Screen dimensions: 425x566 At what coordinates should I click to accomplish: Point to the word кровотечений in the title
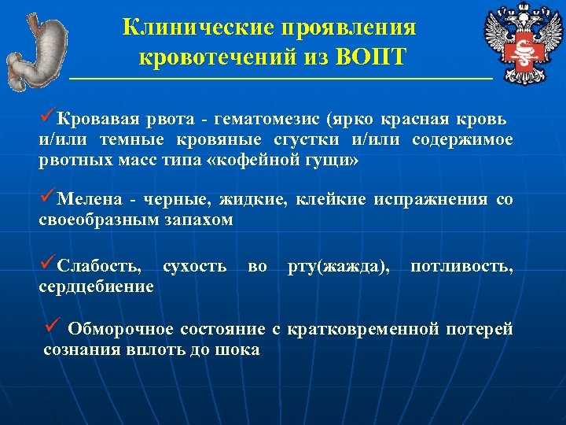pos(215,57)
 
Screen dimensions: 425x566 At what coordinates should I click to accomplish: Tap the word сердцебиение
pos(96,287)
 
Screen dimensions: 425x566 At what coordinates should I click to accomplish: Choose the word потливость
pos(461,268)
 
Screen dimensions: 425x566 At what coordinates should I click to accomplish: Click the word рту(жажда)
pos(338,268)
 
